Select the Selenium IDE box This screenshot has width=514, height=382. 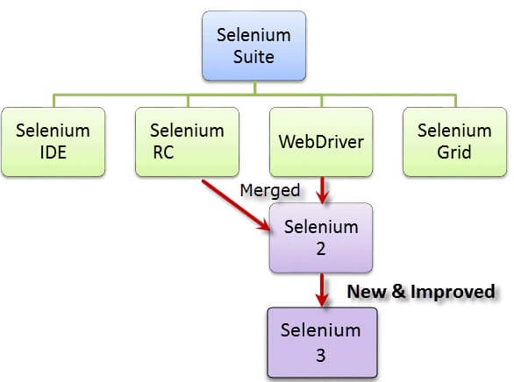(53, 141)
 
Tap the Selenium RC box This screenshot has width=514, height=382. (186, 141)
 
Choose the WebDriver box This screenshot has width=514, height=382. (320, 141)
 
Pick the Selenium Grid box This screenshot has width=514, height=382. (453, 141)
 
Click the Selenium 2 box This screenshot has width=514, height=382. (320, 237)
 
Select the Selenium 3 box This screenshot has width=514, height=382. (320, 342)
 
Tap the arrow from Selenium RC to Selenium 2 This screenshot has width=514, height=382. (235, 205)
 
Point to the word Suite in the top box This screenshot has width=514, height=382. (254, 59)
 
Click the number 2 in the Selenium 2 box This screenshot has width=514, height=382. (321, 248)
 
